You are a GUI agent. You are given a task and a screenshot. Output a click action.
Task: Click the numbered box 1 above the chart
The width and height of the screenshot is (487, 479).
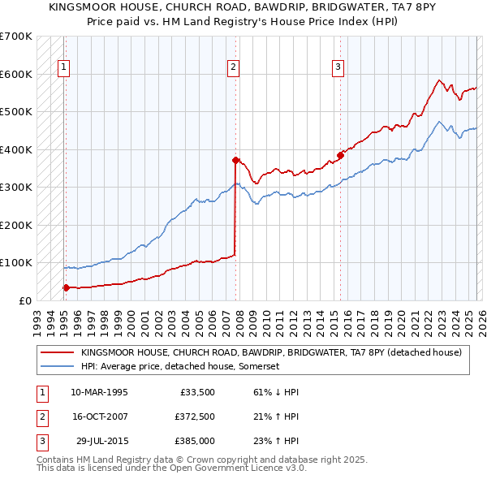click(x=64, y=67)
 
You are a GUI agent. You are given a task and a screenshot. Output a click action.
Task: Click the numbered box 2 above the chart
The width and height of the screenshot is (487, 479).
click(x=234, y=67)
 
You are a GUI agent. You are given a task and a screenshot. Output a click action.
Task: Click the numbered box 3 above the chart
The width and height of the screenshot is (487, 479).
click(x=338, y=67)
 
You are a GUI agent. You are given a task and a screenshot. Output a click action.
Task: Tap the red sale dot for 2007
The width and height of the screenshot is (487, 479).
click(x=235, y=160)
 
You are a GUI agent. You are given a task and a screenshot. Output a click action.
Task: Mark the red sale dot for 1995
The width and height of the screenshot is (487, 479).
click(x=66, y=287)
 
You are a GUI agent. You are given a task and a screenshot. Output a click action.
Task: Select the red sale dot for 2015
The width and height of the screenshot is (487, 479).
click(x=340, y=155)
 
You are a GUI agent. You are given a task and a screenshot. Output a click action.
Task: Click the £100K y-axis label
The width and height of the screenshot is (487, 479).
click(x=16, y=263)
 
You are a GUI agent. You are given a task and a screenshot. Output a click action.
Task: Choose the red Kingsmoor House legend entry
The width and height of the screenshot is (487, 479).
click(x=271, y=352)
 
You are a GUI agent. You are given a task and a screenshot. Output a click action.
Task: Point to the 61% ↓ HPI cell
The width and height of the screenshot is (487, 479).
click(x=271, y=392)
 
